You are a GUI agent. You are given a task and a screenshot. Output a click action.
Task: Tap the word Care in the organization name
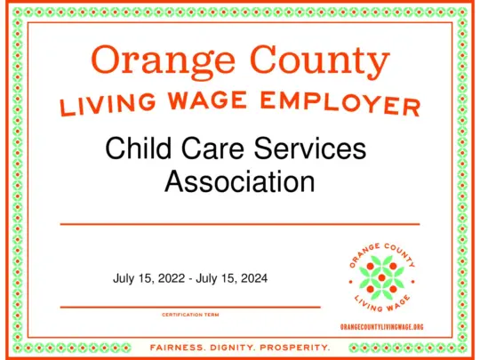(214, 148)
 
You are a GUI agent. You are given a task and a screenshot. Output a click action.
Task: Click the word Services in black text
(312, 148)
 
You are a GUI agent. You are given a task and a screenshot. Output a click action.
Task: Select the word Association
(240, 181)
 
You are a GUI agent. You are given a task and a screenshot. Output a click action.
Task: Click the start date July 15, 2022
(149, 278)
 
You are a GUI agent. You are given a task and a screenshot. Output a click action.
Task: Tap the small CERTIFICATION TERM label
(190, 315)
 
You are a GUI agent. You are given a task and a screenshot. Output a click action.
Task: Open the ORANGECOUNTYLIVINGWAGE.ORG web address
(382, 327)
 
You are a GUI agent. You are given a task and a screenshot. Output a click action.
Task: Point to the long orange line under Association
(239, 224)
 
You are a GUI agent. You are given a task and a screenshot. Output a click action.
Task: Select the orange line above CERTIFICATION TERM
(190, 307)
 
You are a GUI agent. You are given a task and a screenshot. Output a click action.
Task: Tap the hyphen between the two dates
(190, 279)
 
